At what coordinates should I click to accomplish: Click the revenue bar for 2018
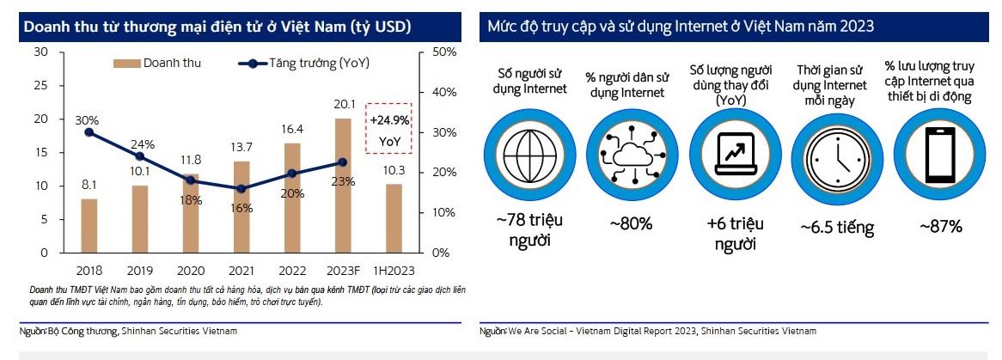(89, 225)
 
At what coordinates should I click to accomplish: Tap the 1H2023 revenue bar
(393, 218)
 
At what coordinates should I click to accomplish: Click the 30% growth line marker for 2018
(89, 131)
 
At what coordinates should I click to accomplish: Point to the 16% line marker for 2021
(241, 188)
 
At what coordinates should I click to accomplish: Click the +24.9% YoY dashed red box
(389, 126)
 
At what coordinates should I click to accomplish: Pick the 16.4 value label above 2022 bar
(292, 130)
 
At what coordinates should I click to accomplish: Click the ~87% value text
(940, 226)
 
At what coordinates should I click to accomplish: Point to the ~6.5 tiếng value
(836, 228)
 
